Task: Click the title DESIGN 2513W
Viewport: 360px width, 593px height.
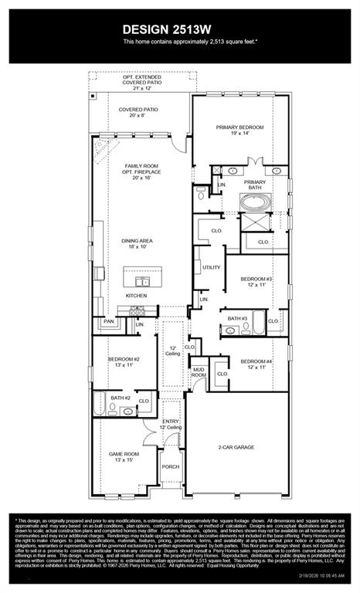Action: tap(179, 29)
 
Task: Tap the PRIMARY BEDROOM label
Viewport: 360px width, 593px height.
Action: tap(241, 130)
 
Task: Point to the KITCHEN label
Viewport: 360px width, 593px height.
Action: tap(137, 295)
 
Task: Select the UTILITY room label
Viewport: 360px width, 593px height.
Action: tap(212, 267)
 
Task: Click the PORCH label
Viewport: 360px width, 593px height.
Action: tap(171, 466)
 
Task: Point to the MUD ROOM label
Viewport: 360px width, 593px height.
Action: tap(199, 372)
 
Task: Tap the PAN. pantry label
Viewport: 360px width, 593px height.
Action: tap(109, 320)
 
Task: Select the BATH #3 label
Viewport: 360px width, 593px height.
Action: tap(237, 318)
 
